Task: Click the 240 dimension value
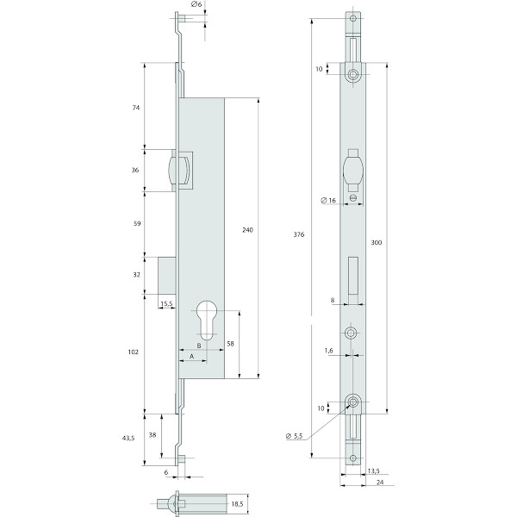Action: click(247, 230)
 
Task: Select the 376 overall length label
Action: click(299, 234)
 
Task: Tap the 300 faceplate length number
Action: click(377, 242)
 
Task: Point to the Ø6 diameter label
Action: click(196, 4)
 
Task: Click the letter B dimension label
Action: click(199, 346)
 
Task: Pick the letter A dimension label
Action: click(191, 357)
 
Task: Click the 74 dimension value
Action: click(136, 108)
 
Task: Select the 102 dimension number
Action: click(134, 352)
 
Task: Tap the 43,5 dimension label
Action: click(128, 438)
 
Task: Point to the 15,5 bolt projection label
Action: click(166, 303)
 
